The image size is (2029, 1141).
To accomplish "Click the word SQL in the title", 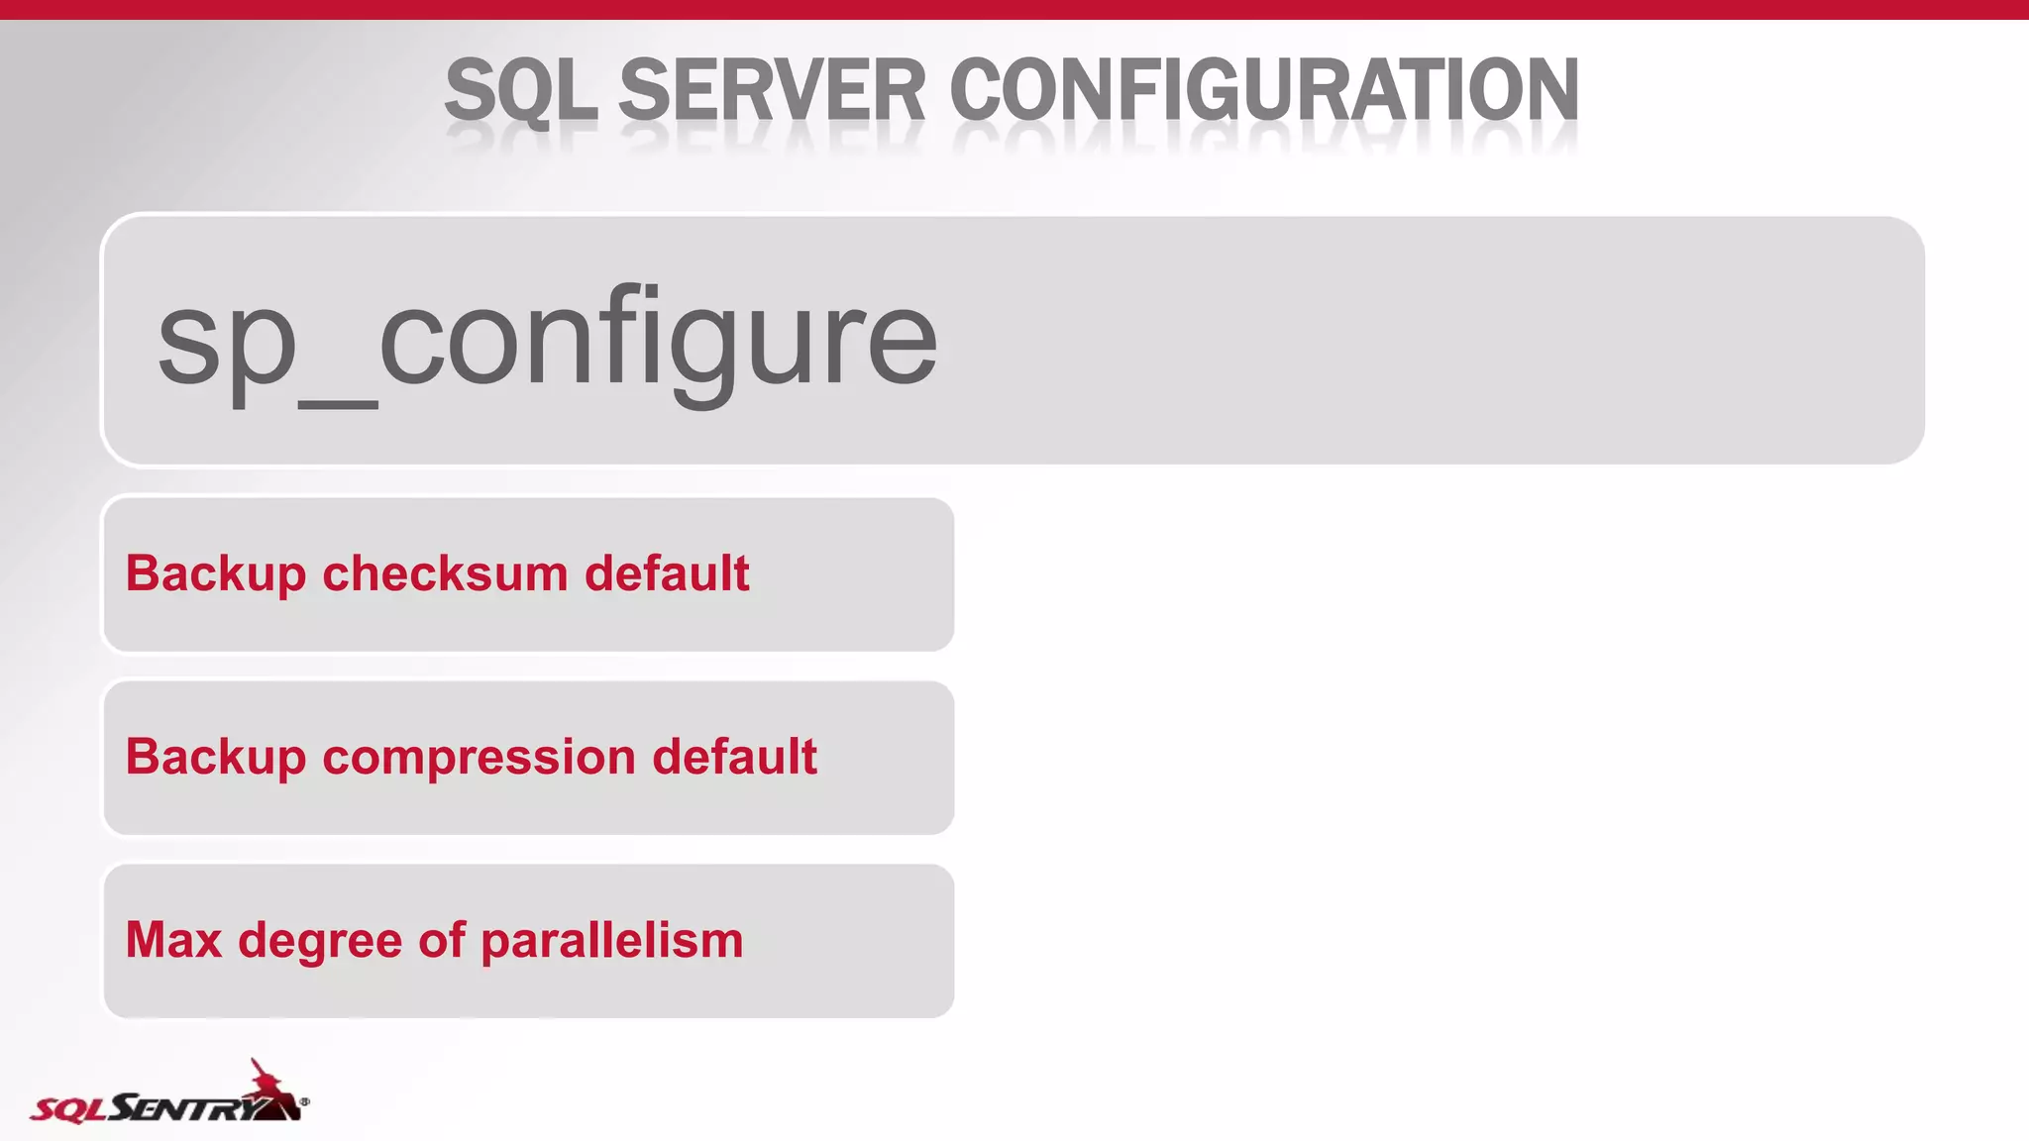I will [x=521, y=90].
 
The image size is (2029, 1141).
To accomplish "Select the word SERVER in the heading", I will [x=772, y=90].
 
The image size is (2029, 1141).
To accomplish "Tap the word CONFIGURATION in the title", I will [x=1263, y=90].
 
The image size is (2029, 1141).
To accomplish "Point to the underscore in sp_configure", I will [x=338, y=402].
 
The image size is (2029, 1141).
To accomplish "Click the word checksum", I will [x=445, y=573].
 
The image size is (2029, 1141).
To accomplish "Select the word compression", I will [x=479, y=757].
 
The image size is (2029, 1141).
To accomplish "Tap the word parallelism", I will [x=611, y=940].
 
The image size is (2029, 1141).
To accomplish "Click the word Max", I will [x=173, y=940].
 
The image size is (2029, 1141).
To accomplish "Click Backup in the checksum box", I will [x=216, y=574].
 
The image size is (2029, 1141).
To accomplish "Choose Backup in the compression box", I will [x=216, y=758].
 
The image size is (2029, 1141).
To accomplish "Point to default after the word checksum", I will [x=667, y=573].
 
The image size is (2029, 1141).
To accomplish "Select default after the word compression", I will [x=734, y=757].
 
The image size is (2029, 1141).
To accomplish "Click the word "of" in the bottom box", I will [x=442, y=940].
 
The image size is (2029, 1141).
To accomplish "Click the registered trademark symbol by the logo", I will [x=304, y=1101].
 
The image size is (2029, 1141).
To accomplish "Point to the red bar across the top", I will [x=1014, y=9].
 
